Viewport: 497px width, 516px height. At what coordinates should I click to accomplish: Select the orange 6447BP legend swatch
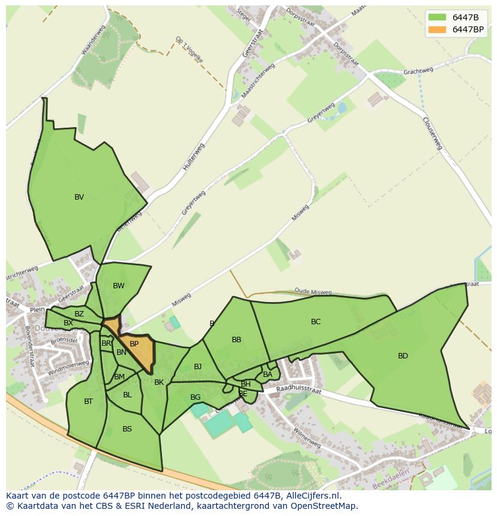tap(438, 29)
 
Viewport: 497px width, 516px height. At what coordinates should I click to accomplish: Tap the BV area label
tap(79, 197)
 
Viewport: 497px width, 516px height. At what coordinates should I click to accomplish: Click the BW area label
tap(119, 286)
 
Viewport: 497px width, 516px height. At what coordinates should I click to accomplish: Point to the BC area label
tap(316, 322)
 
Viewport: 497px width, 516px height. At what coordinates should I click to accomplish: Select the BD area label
tap(403, 356)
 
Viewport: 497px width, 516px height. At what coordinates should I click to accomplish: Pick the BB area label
tap(236, 340)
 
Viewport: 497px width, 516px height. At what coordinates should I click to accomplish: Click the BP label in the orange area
tap(134, 344)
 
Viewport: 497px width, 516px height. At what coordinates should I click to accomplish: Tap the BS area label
tap(127, 429)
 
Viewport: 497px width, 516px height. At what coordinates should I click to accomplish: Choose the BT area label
tap(88, 402)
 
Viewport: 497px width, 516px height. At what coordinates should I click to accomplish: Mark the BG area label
tap(195, 397)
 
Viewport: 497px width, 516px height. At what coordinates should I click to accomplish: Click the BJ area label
tap(197, 367)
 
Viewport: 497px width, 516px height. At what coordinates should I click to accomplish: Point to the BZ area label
tap(79, 314)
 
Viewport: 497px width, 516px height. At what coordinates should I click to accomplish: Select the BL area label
tap(127, 395)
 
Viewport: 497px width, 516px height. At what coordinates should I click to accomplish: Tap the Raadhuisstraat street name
tap(298, 391)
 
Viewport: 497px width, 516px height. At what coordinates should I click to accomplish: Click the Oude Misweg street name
tap(313, 292)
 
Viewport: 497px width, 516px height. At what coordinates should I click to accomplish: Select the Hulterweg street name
tap(193, 158)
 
